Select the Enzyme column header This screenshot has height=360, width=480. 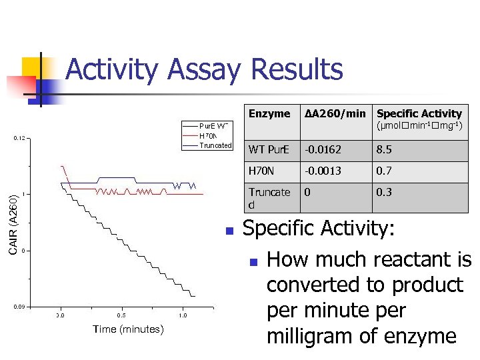tap(269, 114)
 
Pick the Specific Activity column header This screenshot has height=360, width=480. tap(419, 114)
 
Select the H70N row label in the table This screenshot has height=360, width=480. tap(261, 171)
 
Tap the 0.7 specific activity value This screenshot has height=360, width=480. tap(385, 171)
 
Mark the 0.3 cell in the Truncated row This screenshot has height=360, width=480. tap(385, 193)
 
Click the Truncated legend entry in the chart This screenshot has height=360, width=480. tap(215, 145)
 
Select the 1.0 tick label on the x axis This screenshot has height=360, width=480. tap(183, 315)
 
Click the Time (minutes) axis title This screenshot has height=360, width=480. tap(128, 329)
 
